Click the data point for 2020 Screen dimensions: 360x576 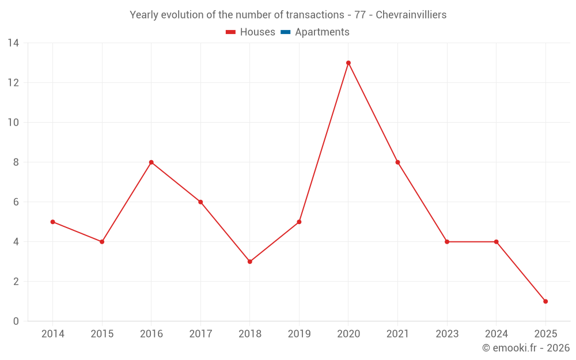tap(348, 63)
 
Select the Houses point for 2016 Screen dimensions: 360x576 tap(151, 162)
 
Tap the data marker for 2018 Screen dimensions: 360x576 tap(250, 262)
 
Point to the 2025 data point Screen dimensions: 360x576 tap(545, 301)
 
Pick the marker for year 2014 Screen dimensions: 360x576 tap(52, 222)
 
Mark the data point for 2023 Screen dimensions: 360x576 tap(447, 242)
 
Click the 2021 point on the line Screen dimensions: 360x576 tap(397, 162)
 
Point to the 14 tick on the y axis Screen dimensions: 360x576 tap(13, 43)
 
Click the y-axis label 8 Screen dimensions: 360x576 tap(16, 162)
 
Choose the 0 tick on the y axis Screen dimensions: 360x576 tap(16, 321)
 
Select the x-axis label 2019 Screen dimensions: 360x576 tap(299, 334)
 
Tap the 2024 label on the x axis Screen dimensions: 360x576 tap(496, 334)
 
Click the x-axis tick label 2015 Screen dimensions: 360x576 tap(102, 334)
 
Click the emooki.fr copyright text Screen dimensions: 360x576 tap(526, 348)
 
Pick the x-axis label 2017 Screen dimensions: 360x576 tap(200, 334)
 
